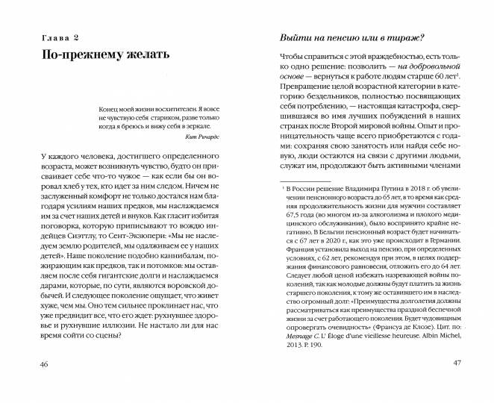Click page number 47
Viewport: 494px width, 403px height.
[460, 384]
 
